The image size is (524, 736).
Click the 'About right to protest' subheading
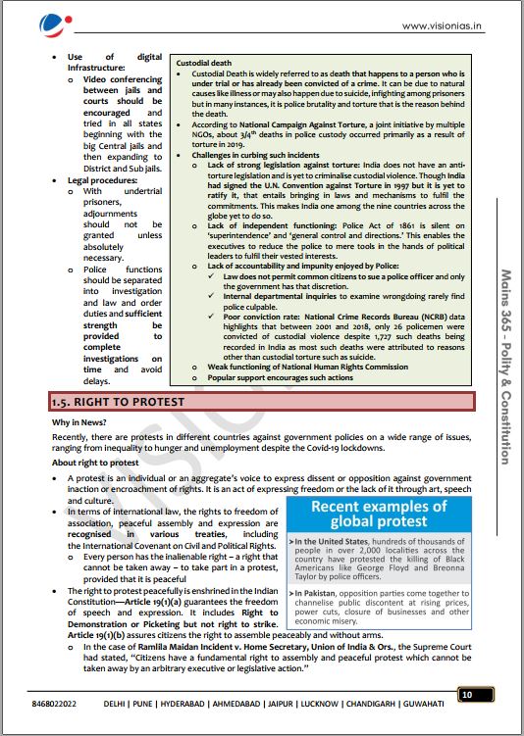click(x=97, y=462)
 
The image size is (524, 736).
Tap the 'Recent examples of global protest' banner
click(x=378, y=515)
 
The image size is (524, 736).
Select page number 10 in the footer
click(x=467, y=695)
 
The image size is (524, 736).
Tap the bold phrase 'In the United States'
click(x=339, y=542)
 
